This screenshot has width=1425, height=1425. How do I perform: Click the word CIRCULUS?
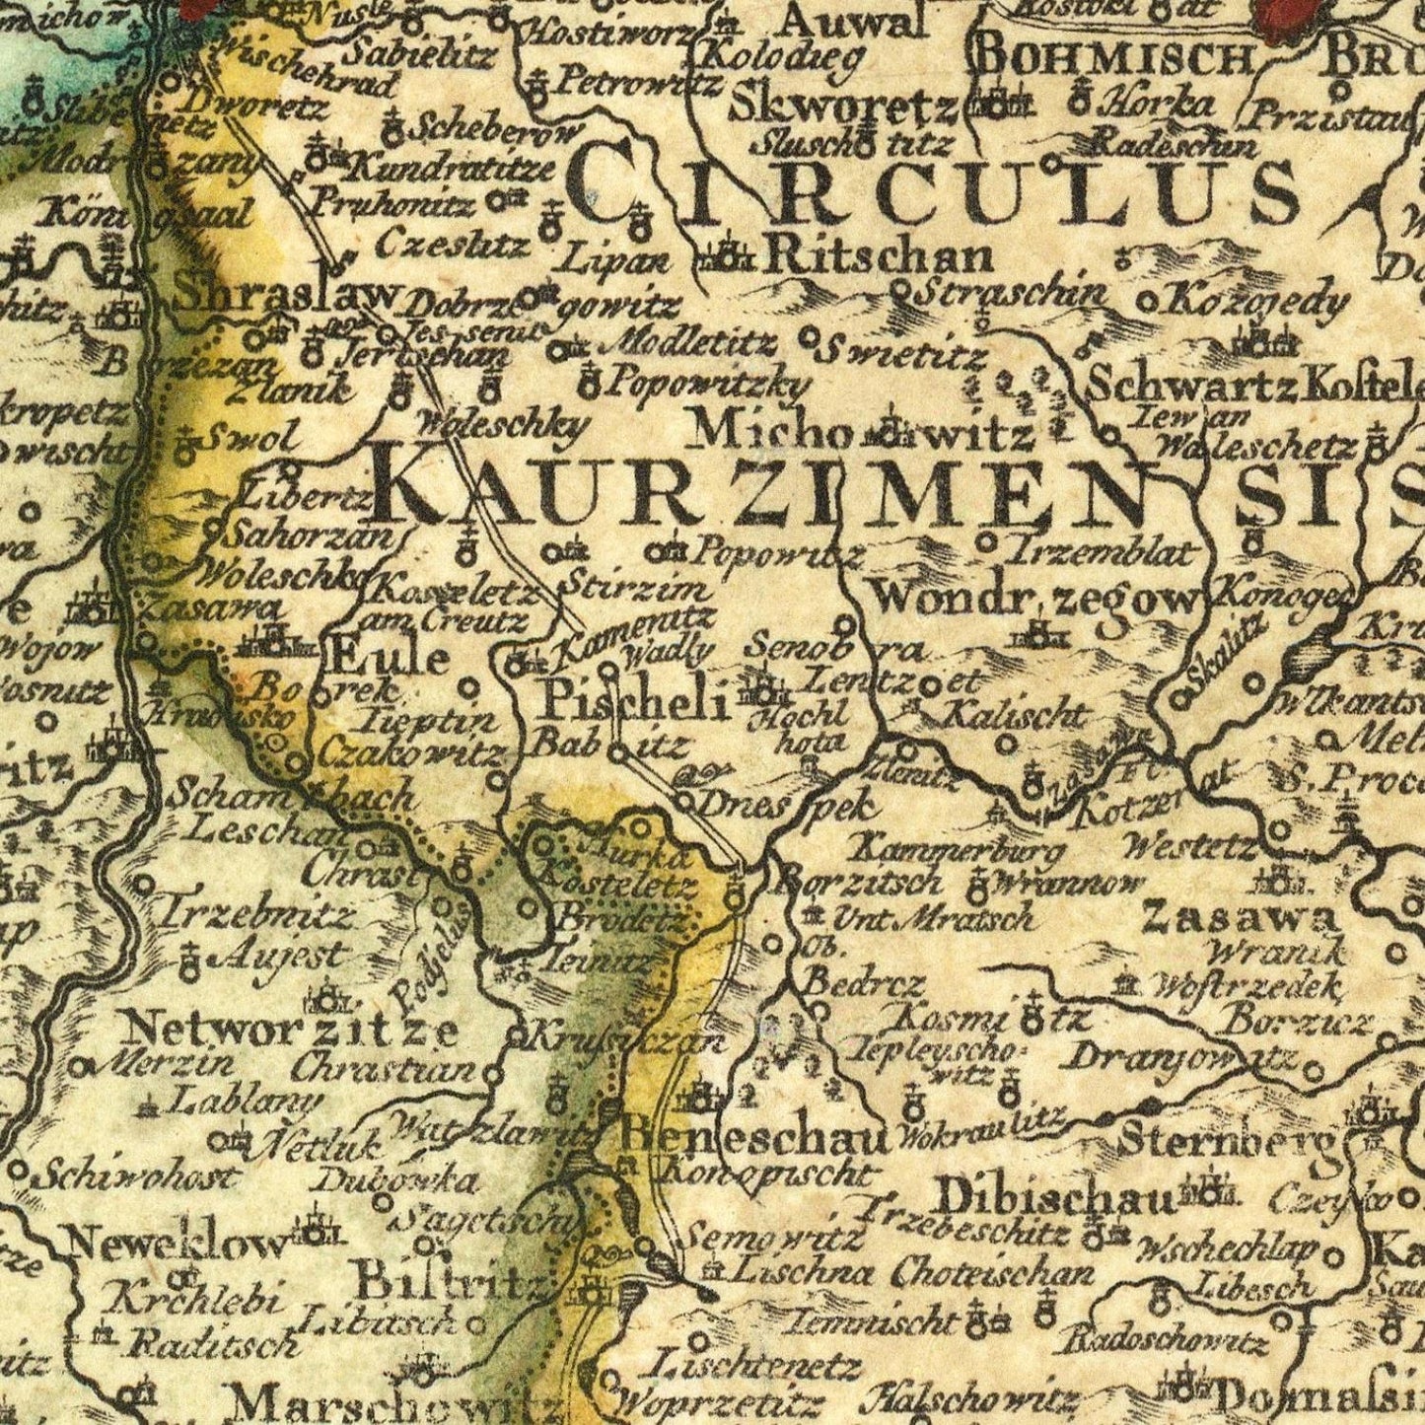(932, 187)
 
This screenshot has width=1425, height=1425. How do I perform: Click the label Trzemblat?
(1101, 551)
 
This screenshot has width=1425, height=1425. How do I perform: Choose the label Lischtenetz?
(755, 1367)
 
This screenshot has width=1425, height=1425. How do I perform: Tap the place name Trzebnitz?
(254, 916)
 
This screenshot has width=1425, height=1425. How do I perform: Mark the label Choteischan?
(992, 1273)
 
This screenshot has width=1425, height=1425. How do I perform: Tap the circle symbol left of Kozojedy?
(1148, 301)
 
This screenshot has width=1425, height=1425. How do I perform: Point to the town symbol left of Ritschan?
(728, 257)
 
